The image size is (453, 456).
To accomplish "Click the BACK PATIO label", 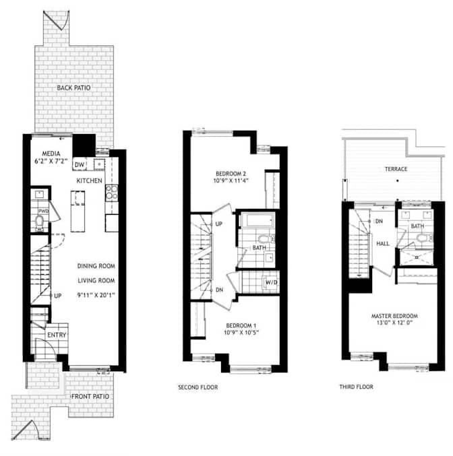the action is point(73,88).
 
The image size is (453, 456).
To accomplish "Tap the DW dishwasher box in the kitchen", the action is point(80,164).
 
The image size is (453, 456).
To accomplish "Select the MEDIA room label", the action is point(51,154).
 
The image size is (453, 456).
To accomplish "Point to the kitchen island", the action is point(78,211).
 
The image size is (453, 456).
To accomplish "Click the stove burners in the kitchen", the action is point(112,193).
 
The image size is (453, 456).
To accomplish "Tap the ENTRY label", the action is point(57,335).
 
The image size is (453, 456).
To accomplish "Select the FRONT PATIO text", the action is point(90,396).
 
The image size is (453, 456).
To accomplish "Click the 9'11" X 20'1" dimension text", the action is point(96,295).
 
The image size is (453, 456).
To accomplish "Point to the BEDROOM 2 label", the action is point(231,174).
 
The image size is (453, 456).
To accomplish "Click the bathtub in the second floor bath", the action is point(258,220).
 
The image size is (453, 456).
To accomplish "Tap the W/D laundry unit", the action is point(271,282).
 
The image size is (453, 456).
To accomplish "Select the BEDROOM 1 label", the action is point(241,325).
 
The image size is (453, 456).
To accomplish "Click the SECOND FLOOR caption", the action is point(198,387).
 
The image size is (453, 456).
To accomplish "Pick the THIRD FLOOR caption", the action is point(357,387).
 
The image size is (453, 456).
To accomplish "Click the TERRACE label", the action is point(396,169).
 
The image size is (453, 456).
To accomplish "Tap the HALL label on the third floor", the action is point(383,244).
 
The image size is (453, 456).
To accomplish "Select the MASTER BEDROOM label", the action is point(394,316).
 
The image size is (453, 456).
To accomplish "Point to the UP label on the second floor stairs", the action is point(219,224).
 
